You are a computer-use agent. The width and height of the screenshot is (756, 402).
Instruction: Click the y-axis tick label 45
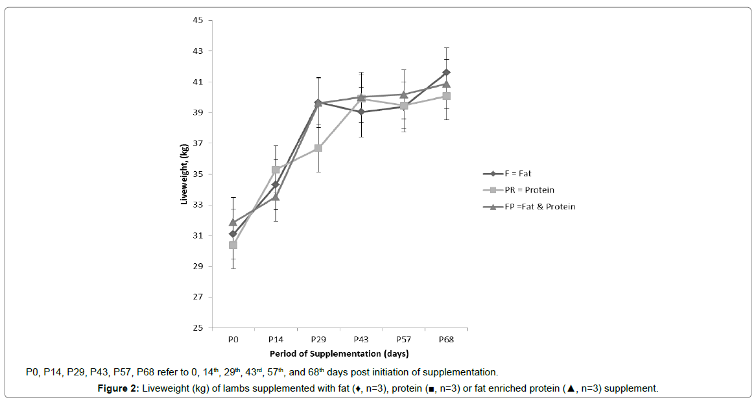point(198,20)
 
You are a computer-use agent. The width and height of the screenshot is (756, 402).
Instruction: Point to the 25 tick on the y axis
point(198,328)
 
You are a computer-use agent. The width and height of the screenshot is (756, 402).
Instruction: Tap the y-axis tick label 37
point(198,143)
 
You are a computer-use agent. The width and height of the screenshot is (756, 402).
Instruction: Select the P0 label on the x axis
point(233,339)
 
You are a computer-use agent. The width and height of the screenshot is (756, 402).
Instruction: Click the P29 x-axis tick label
point(318,339)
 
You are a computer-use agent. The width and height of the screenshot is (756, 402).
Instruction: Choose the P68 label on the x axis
point(446,339)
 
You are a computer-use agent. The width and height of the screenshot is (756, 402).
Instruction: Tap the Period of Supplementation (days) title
point(339,353)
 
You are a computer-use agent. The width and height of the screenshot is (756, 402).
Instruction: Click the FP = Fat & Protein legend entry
point(534,207)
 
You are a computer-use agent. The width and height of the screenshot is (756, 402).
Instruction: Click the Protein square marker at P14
point(276,170)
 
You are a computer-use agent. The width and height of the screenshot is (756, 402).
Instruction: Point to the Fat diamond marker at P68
point(446,72)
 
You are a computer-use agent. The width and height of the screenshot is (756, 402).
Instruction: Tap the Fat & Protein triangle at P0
point(233,222)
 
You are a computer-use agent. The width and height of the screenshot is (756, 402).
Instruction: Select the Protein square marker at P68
point(446,96)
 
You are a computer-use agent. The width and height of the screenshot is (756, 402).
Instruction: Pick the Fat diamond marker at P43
point(360,112)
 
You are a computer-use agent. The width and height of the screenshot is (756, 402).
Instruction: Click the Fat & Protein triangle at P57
point(403,94)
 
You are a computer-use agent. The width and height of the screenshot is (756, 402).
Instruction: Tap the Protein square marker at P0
point(233,245)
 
